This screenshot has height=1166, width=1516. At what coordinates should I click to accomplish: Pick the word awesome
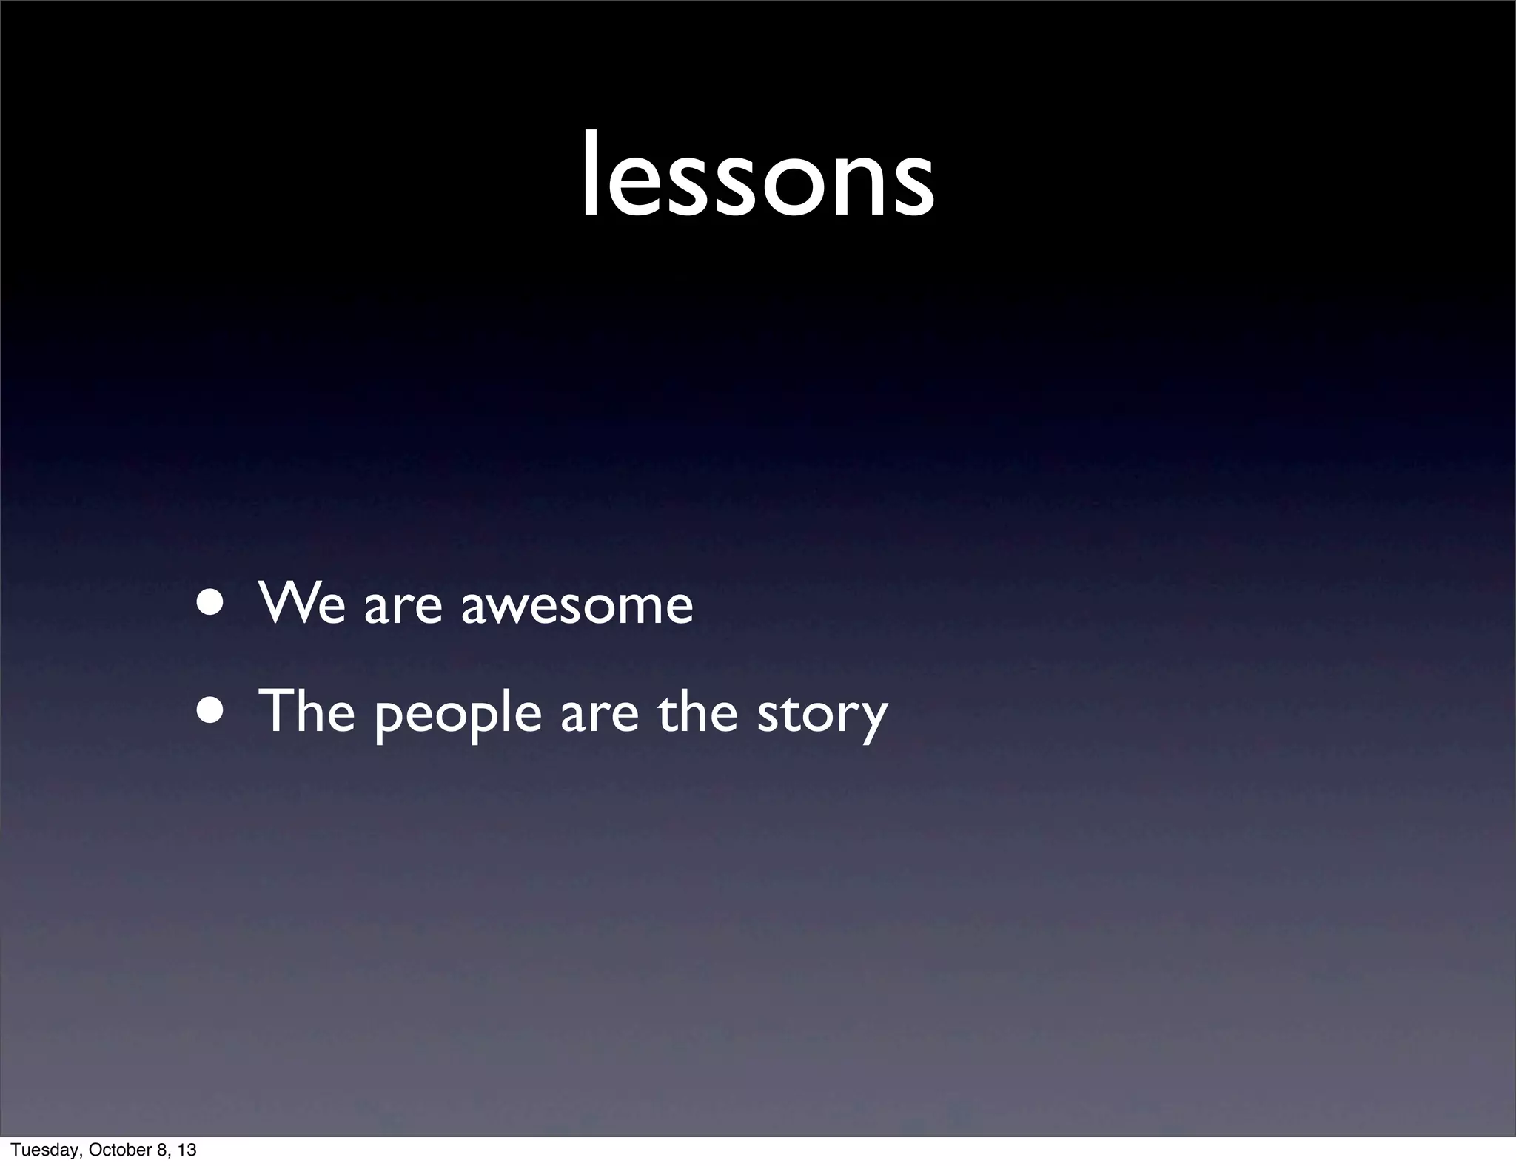577,608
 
